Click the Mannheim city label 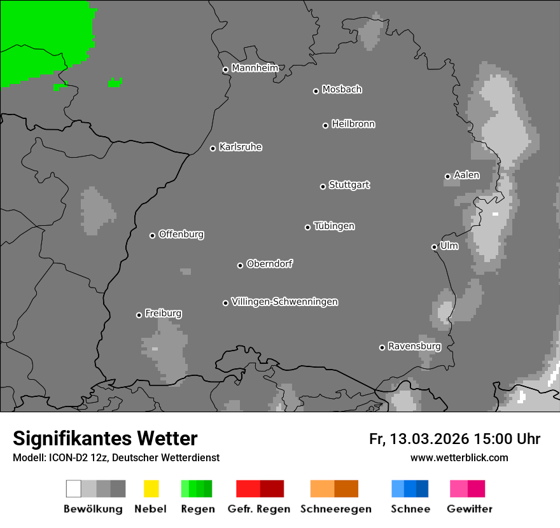coord(255,68)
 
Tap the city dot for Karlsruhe coord(213,148)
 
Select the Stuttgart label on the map coord(349,185)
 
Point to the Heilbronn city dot coord(325,125)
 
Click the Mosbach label coord(342,90)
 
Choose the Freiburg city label coord(163,314)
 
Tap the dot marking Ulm coord(434,247)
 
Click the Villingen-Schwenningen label coord(284,302)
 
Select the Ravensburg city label coord(414,347)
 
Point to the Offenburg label coord(181,234)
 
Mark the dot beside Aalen coord(447,176)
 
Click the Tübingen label coord(334,226)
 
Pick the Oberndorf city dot coord(240,265)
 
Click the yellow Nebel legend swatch coord(151,489)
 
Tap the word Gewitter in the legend coord(470,509)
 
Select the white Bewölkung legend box coord(74,489)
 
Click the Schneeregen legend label coord(335,509)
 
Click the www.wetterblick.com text coord(459,457)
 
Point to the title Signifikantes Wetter coord(105,438)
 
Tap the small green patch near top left coord(115,82)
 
